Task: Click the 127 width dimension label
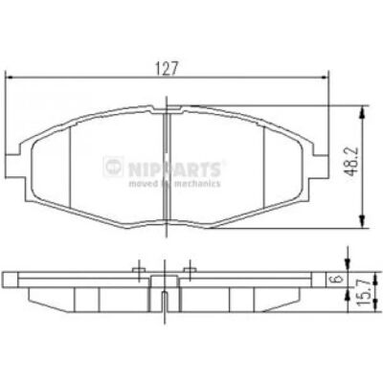point(166,68)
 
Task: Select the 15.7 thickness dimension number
point(366,290)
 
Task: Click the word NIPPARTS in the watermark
point(174,169)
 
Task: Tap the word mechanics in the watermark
point(197,184)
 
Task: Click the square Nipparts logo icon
point(113,167)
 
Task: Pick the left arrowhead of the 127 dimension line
point(11,77)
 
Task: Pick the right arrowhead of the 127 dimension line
point(325,77)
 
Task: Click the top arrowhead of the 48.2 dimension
point(362,112)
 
